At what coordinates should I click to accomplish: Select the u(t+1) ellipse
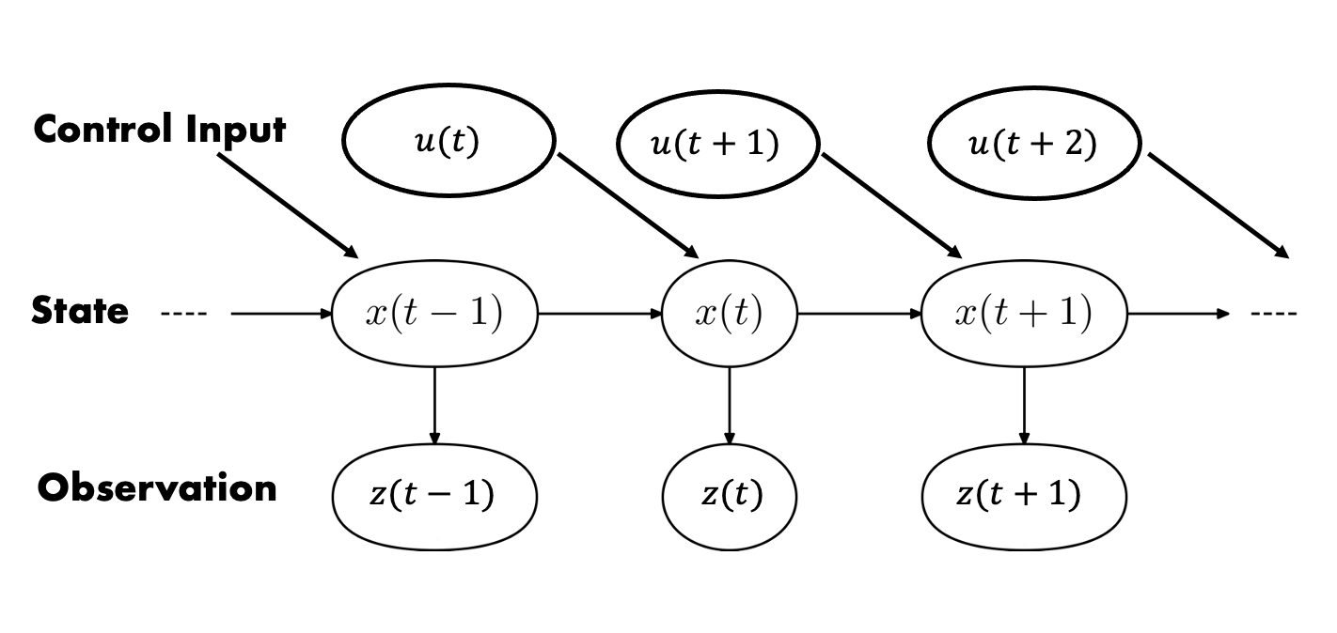pyautogui.click(x=716, y=145)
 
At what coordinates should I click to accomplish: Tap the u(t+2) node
pyautogui.click(x=1033, y=145)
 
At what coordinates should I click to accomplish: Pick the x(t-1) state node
pyautogui.click(x=433, y=314)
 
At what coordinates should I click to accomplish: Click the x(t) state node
pyautogui.click(x=729, y=314)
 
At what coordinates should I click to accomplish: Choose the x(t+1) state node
pyautogui.click(x=1023, y=314)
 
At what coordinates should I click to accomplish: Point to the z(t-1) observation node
pyautogui.click(x=433, y=494)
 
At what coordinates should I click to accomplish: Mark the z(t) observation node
pyautogui.click(x=730, y=494)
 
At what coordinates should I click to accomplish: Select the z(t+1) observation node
pyautogui.click(x=1023, y=494)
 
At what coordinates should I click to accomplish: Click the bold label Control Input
pyautogui.click(x=160, y=129)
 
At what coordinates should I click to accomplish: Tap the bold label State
pyautogui.click(x=80, y=310)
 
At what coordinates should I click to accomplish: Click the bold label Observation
pyautogui.click(x=158, y=488)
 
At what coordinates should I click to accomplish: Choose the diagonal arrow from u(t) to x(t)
pyautogui.click(x=628, y=206)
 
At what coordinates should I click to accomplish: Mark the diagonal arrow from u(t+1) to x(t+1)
pyautogui.click(x=891, y=206)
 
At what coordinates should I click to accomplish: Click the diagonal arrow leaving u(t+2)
pyautogui.click(x=1218, y=206)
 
